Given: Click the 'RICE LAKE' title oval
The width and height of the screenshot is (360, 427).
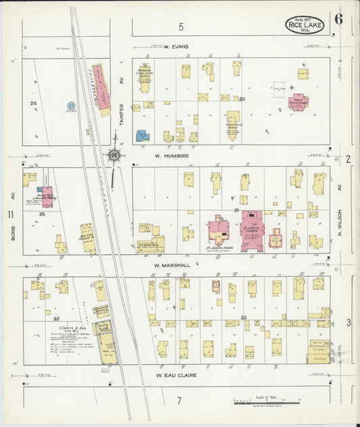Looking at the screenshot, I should click(303, 24).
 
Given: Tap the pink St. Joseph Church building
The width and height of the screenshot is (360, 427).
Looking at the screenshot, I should click(251, 231).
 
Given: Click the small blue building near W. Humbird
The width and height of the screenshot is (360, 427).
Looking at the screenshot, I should click(143, 136).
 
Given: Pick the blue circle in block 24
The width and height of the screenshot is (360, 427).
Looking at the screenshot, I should click(71, 106).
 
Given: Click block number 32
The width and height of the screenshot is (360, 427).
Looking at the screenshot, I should click(57, 318).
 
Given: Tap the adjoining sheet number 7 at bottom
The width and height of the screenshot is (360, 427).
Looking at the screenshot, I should click(179, 401).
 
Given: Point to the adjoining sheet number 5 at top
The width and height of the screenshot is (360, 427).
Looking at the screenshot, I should click(181, 27).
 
